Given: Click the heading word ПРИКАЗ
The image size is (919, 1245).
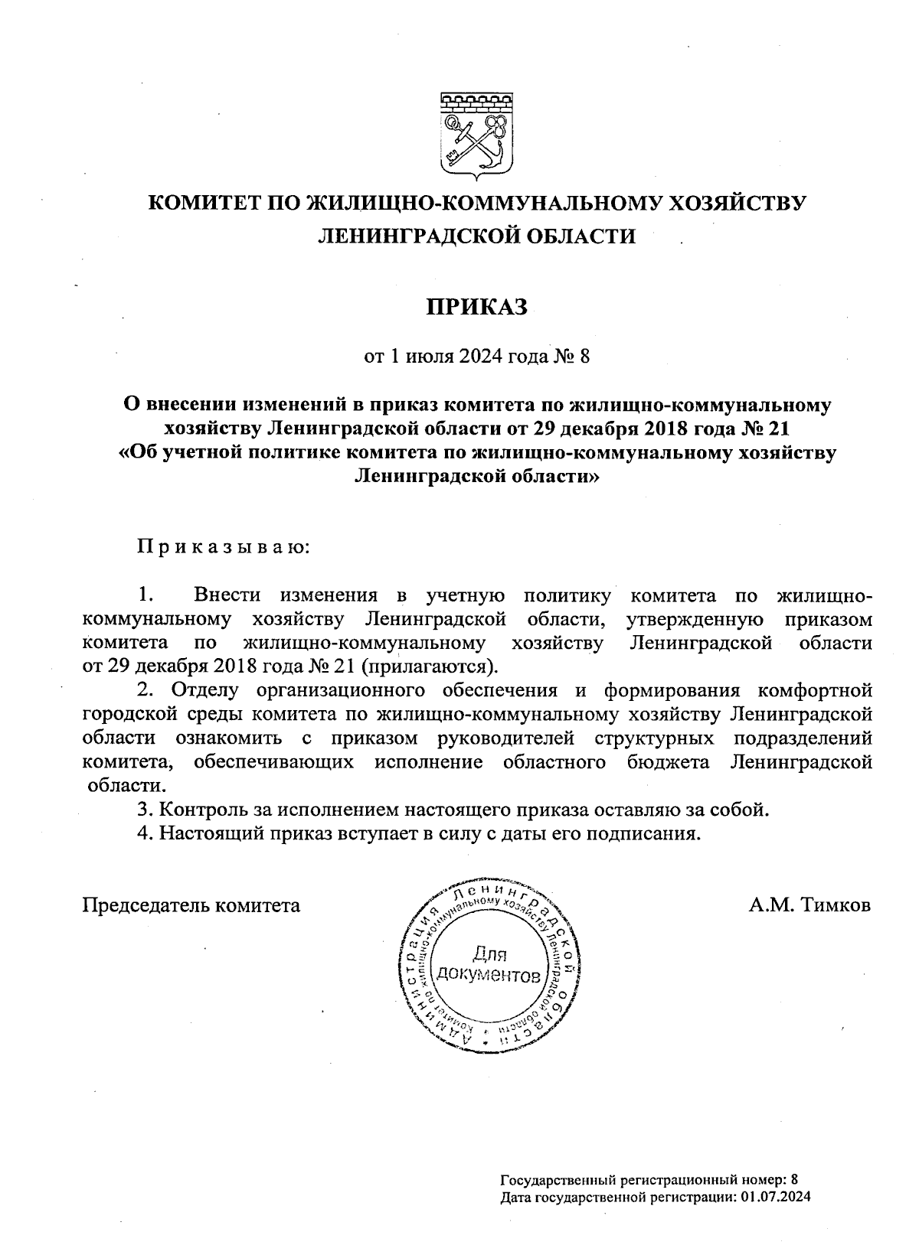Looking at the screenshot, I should [477, 307].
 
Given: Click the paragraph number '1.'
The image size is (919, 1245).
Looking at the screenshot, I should [148, 595].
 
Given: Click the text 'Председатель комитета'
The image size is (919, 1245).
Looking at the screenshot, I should [191, 905].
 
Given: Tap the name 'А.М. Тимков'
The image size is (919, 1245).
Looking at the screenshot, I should [810, 905].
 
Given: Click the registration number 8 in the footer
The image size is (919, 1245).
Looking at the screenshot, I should [794, 1180].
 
